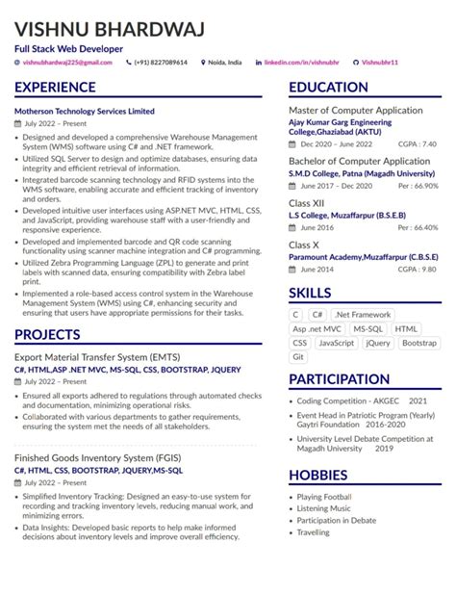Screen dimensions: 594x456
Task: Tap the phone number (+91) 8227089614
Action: (x=161, y=63)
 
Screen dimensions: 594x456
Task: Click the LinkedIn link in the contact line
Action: (x=299, y=63)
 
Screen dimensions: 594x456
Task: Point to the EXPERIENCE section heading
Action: (x=61, y=88)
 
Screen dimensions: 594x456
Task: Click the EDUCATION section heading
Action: (x=329, y=88)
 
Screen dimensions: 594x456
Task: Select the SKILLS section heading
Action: (x=311, y=294)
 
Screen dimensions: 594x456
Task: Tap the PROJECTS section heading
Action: (x=47, y=334)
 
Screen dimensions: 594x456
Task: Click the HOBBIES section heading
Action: (x=318, y=476)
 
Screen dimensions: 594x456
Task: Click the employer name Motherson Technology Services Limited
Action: (x=85, y=112)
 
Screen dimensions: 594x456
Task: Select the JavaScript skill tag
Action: (x=336, y=343)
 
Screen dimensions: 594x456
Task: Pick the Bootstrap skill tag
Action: (x=418, y=343)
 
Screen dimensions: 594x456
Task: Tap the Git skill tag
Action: (x=298, y=357)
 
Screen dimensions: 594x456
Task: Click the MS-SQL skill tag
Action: (x=367, y=328)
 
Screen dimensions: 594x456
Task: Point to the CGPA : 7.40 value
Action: (x=417, y=143)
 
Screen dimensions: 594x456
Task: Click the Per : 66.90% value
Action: (x=416, y=186)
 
